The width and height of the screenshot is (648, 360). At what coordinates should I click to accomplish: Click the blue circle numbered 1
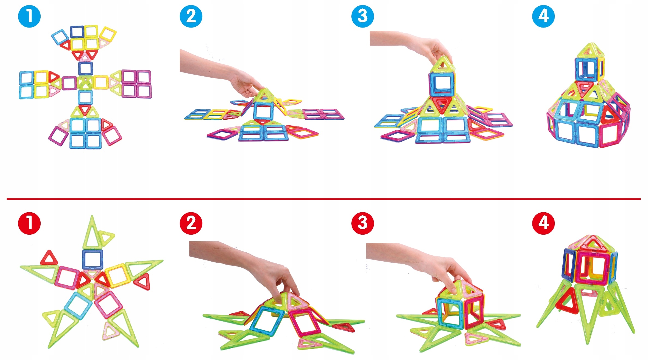pyautogui.click(x=29, y=16)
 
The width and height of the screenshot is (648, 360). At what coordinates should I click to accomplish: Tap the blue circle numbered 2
pyautogui.click(x=191, y=16)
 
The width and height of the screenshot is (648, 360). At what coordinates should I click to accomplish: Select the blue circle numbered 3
pyautogui.click(x=363, y=16)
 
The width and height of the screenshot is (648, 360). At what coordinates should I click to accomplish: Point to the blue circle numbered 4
pyautogui.click(x=543, y=16)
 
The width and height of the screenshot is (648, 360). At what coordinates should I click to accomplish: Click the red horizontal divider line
pyautogui.click(x=324, y=199)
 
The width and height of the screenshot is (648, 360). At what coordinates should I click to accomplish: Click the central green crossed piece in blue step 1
pyautogui.click(x=85, y=83)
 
